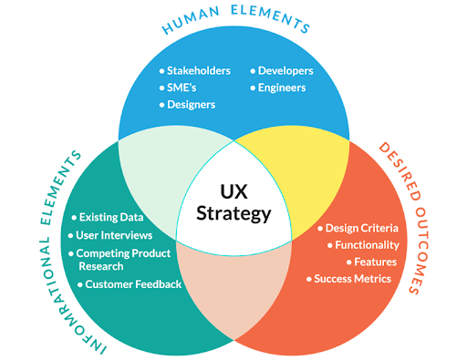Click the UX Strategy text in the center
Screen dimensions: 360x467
[233, 202]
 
